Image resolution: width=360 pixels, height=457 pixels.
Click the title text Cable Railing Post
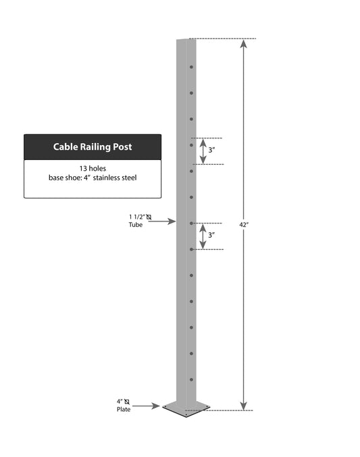(93, 146)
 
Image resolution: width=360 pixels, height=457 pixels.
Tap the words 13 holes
(93, 169)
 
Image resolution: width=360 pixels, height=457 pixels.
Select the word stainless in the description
(107, 178)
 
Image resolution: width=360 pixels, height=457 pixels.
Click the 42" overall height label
(244, 225)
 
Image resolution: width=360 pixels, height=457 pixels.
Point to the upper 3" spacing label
(211, 150)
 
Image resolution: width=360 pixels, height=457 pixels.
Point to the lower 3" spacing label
(211, 235)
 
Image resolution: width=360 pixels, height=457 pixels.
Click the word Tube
(136, 225)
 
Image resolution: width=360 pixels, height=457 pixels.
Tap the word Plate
(124, 410)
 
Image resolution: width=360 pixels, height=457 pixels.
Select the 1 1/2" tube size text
(137, 217)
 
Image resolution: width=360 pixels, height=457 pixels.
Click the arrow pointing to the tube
(162, 221)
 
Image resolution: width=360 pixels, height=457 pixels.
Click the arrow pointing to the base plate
(146, 406)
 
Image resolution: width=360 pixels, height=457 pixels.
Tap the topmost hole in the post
(191, 67)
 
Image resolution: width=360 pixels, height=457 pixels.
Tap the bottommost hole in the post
(191, 380)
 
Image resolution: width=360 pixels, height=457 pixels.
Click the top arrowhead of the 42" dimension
(244, 43)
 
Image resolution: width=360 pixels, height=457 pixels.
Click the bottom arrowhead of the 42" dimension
(244, 406)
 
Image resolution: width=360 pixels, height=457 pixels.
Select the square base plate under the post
(186, 408)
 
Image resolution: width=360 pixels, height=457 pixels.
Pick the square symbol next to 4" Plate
(126, 402)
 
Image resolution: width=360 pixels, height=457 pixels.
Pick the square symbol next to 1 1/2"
(149, 217)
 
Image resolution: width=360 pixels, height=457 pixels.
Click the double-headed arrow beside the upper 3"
(203, 151)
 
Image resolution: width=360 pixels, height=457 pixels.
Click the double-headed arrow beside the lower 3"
(203, 236)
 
